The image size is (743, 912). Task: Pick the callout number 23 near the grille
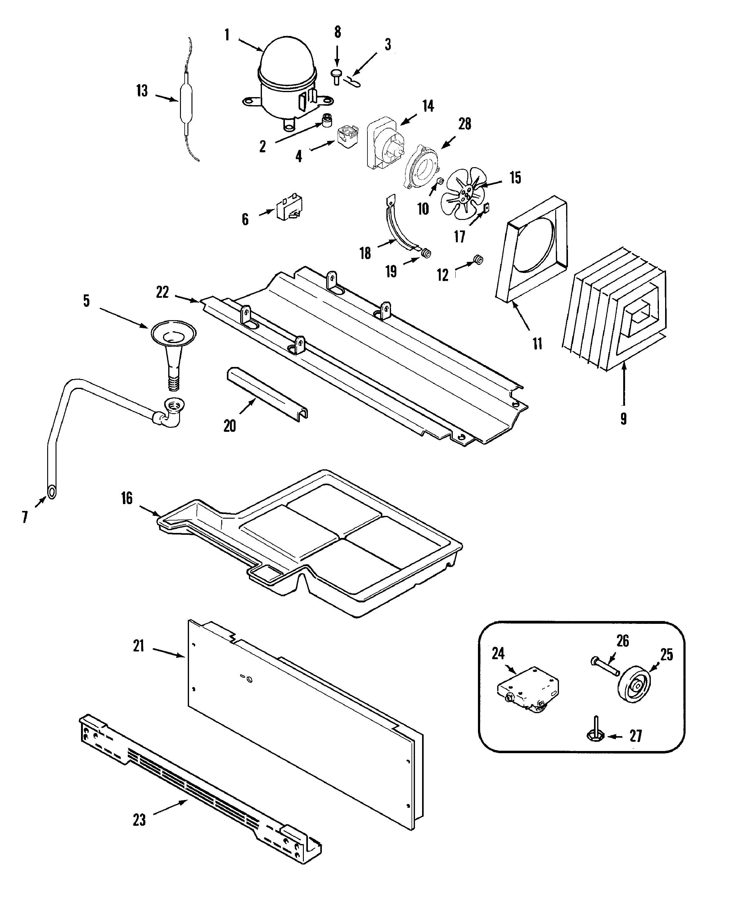point(139,820)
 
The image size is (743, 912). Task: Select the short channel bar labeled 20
point(266,393)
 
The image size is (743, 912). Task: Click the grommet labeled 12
point(478,259)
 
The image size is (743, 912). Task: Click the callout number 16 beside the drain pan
point(127,498)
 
